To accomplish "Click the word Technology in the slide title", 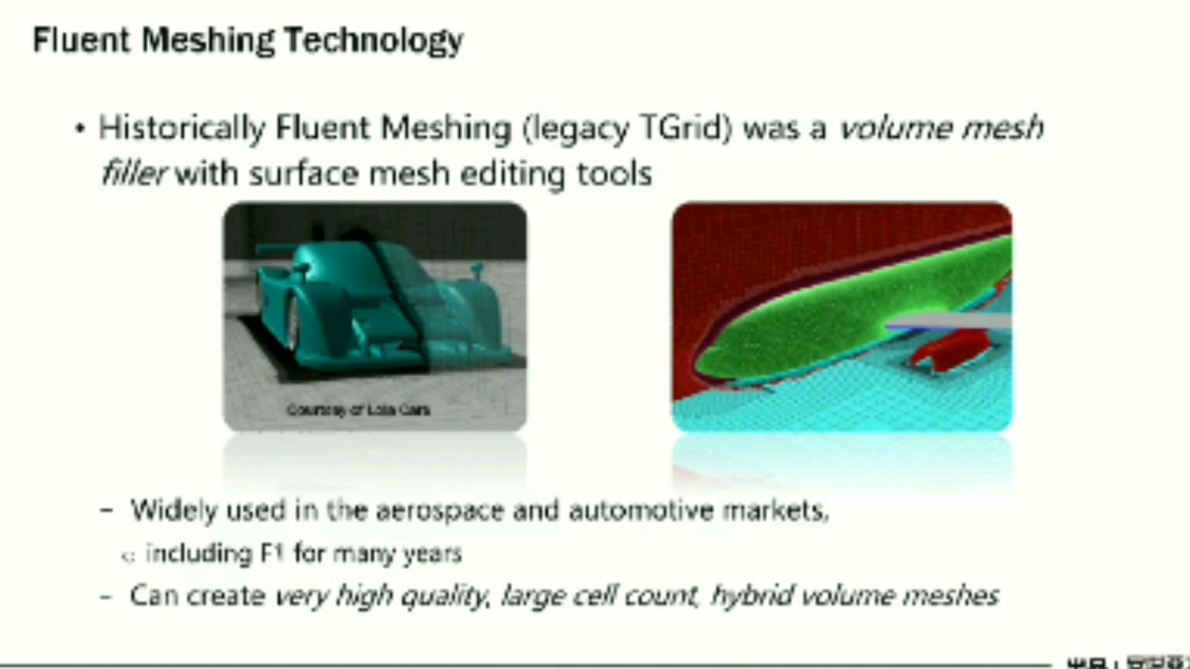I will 374,41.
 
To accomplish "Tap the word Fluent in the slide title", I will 81,40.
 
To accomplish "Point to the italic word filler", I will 132,173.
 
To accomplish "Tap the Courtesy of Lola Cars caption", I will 358,409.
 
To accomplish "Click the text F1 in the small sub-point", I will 271,553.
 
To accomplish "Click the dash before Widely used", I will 107,511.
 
